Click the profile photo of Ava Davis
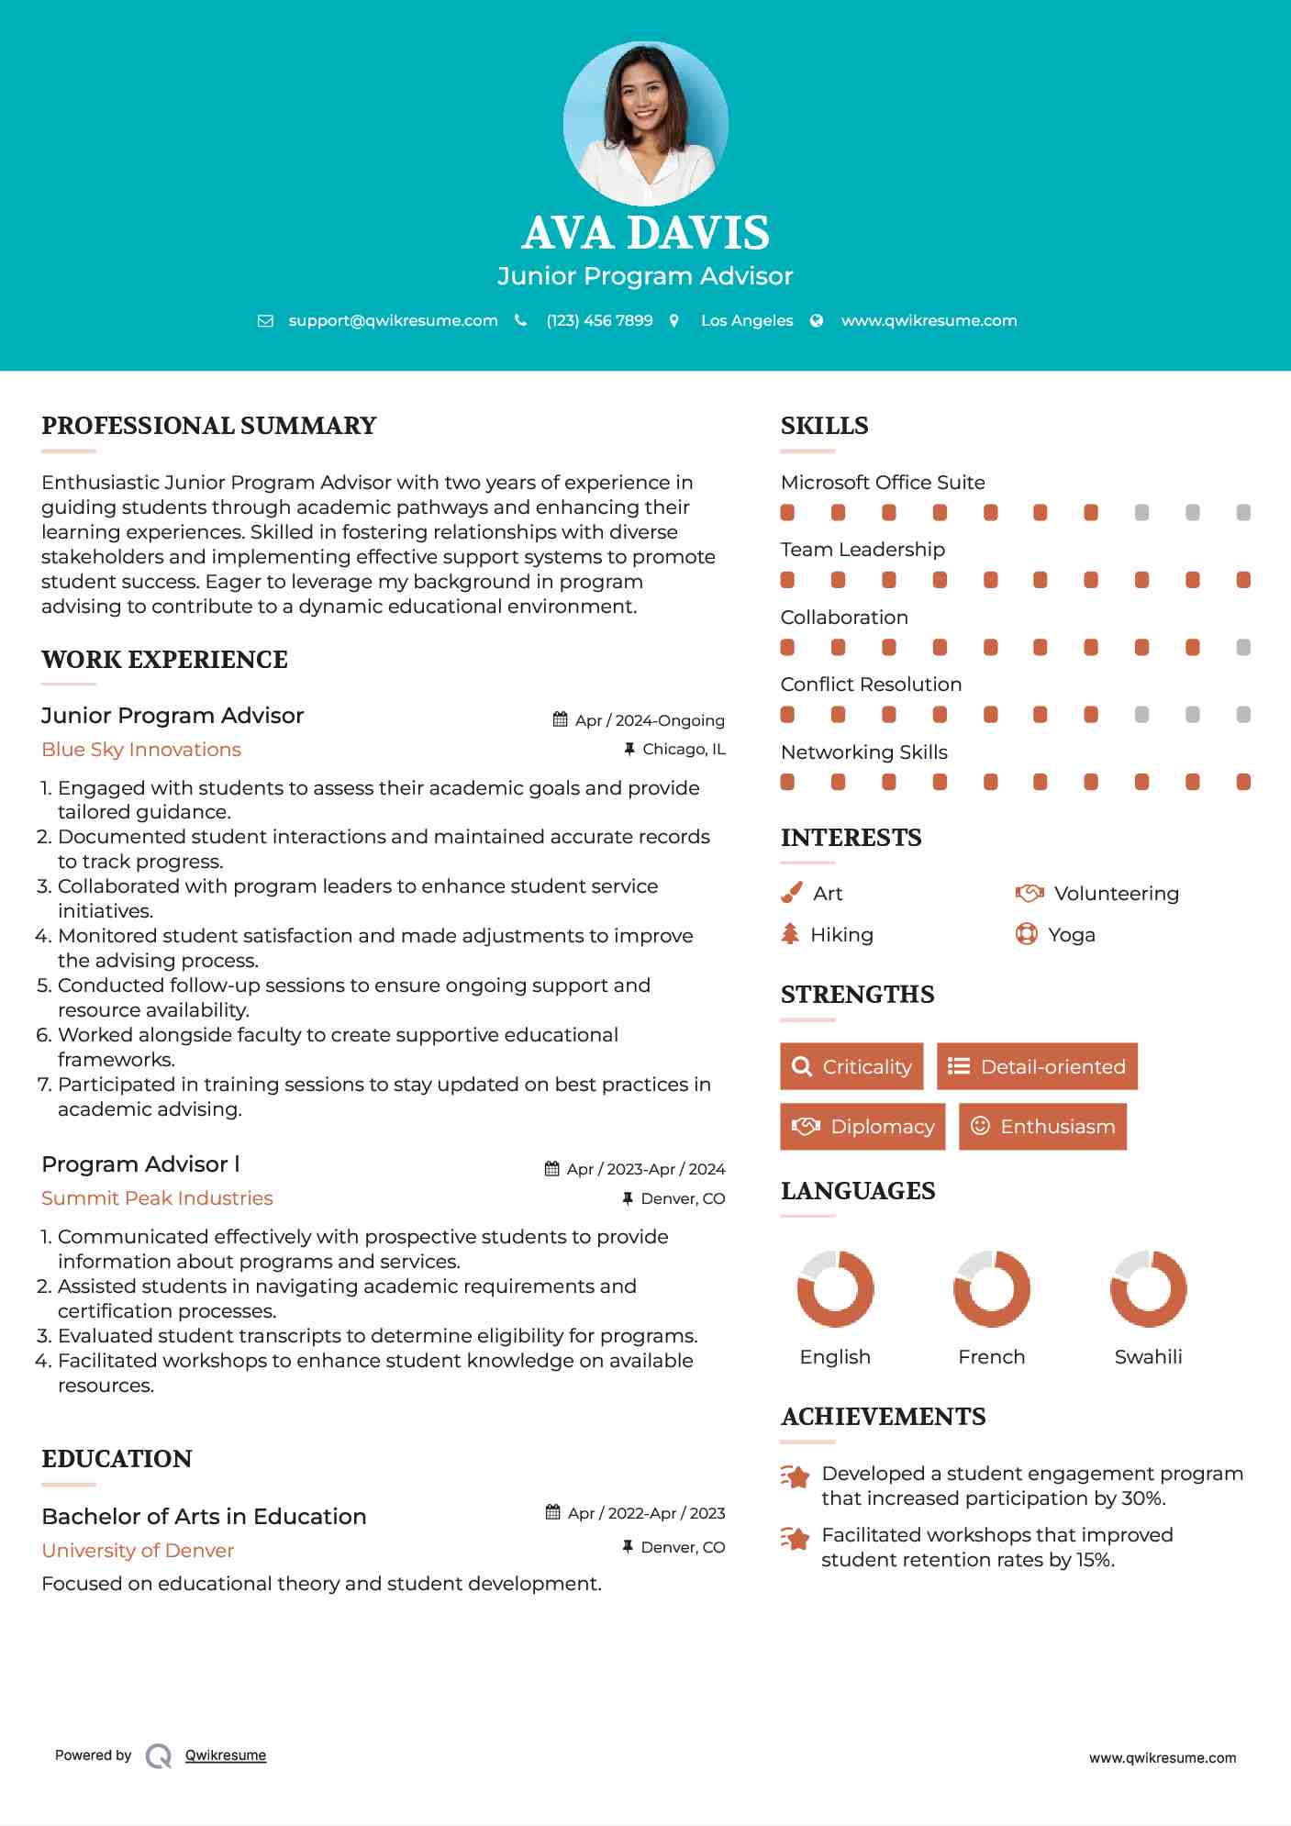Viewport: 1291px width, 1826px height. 645,123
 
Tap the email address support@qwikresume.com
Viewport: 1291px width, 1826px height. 393,320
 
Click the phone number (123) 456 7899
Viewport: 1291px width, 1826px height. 599,320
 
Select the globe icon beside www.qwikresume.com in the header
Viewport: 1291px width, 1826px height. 817,320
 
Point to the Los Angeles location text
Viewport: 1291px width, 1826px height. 747,320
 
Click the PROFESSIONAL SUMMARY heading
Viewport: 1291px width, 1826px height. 209,426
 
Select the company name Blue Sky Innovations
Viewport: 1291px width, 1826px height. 141,750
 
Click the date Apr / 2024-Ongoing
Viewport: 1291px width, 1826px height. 649,720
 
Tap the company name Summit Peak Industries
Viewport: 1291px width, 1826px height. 157,1198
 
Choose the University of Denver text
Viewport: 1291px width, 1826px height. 138,1551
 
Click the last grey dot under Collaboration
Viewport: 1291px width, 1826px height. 1243,648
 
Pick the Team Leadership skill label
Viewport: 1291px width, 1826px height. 863,550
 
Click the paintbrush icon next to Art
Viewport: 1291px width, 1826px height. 791,893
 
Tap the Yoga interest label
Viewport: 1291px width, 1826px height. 1071,935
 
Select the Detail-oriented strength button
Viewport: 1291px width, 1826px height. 1037,1066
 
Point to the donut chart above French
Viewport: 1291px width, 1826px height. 992,1288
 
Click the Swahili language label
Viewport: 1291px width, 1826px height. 1148,1357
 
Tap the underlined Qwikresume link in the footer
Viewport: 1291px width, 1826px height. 226,1755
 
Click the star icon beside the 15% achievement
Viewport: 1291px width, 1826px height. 796,1539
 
